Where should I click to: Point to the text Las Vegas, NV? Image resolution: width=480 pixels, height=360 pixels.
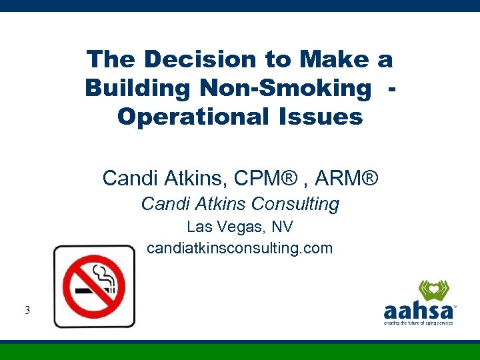point(239,227)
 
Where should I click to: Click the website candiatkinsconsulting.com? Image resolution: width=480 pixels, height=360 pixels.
point(239,248)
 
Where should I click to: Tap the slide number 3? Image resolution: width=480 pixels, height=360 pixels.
point(26,310)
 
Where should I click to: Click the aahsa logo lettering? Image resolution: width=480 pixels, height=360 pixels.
point(418,310)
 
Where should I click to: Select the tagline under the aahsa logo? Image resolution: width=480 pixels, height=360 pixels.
point(418,323)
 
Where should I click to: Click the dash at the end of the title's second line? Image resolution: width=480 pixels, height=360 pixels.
point(391,88)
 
